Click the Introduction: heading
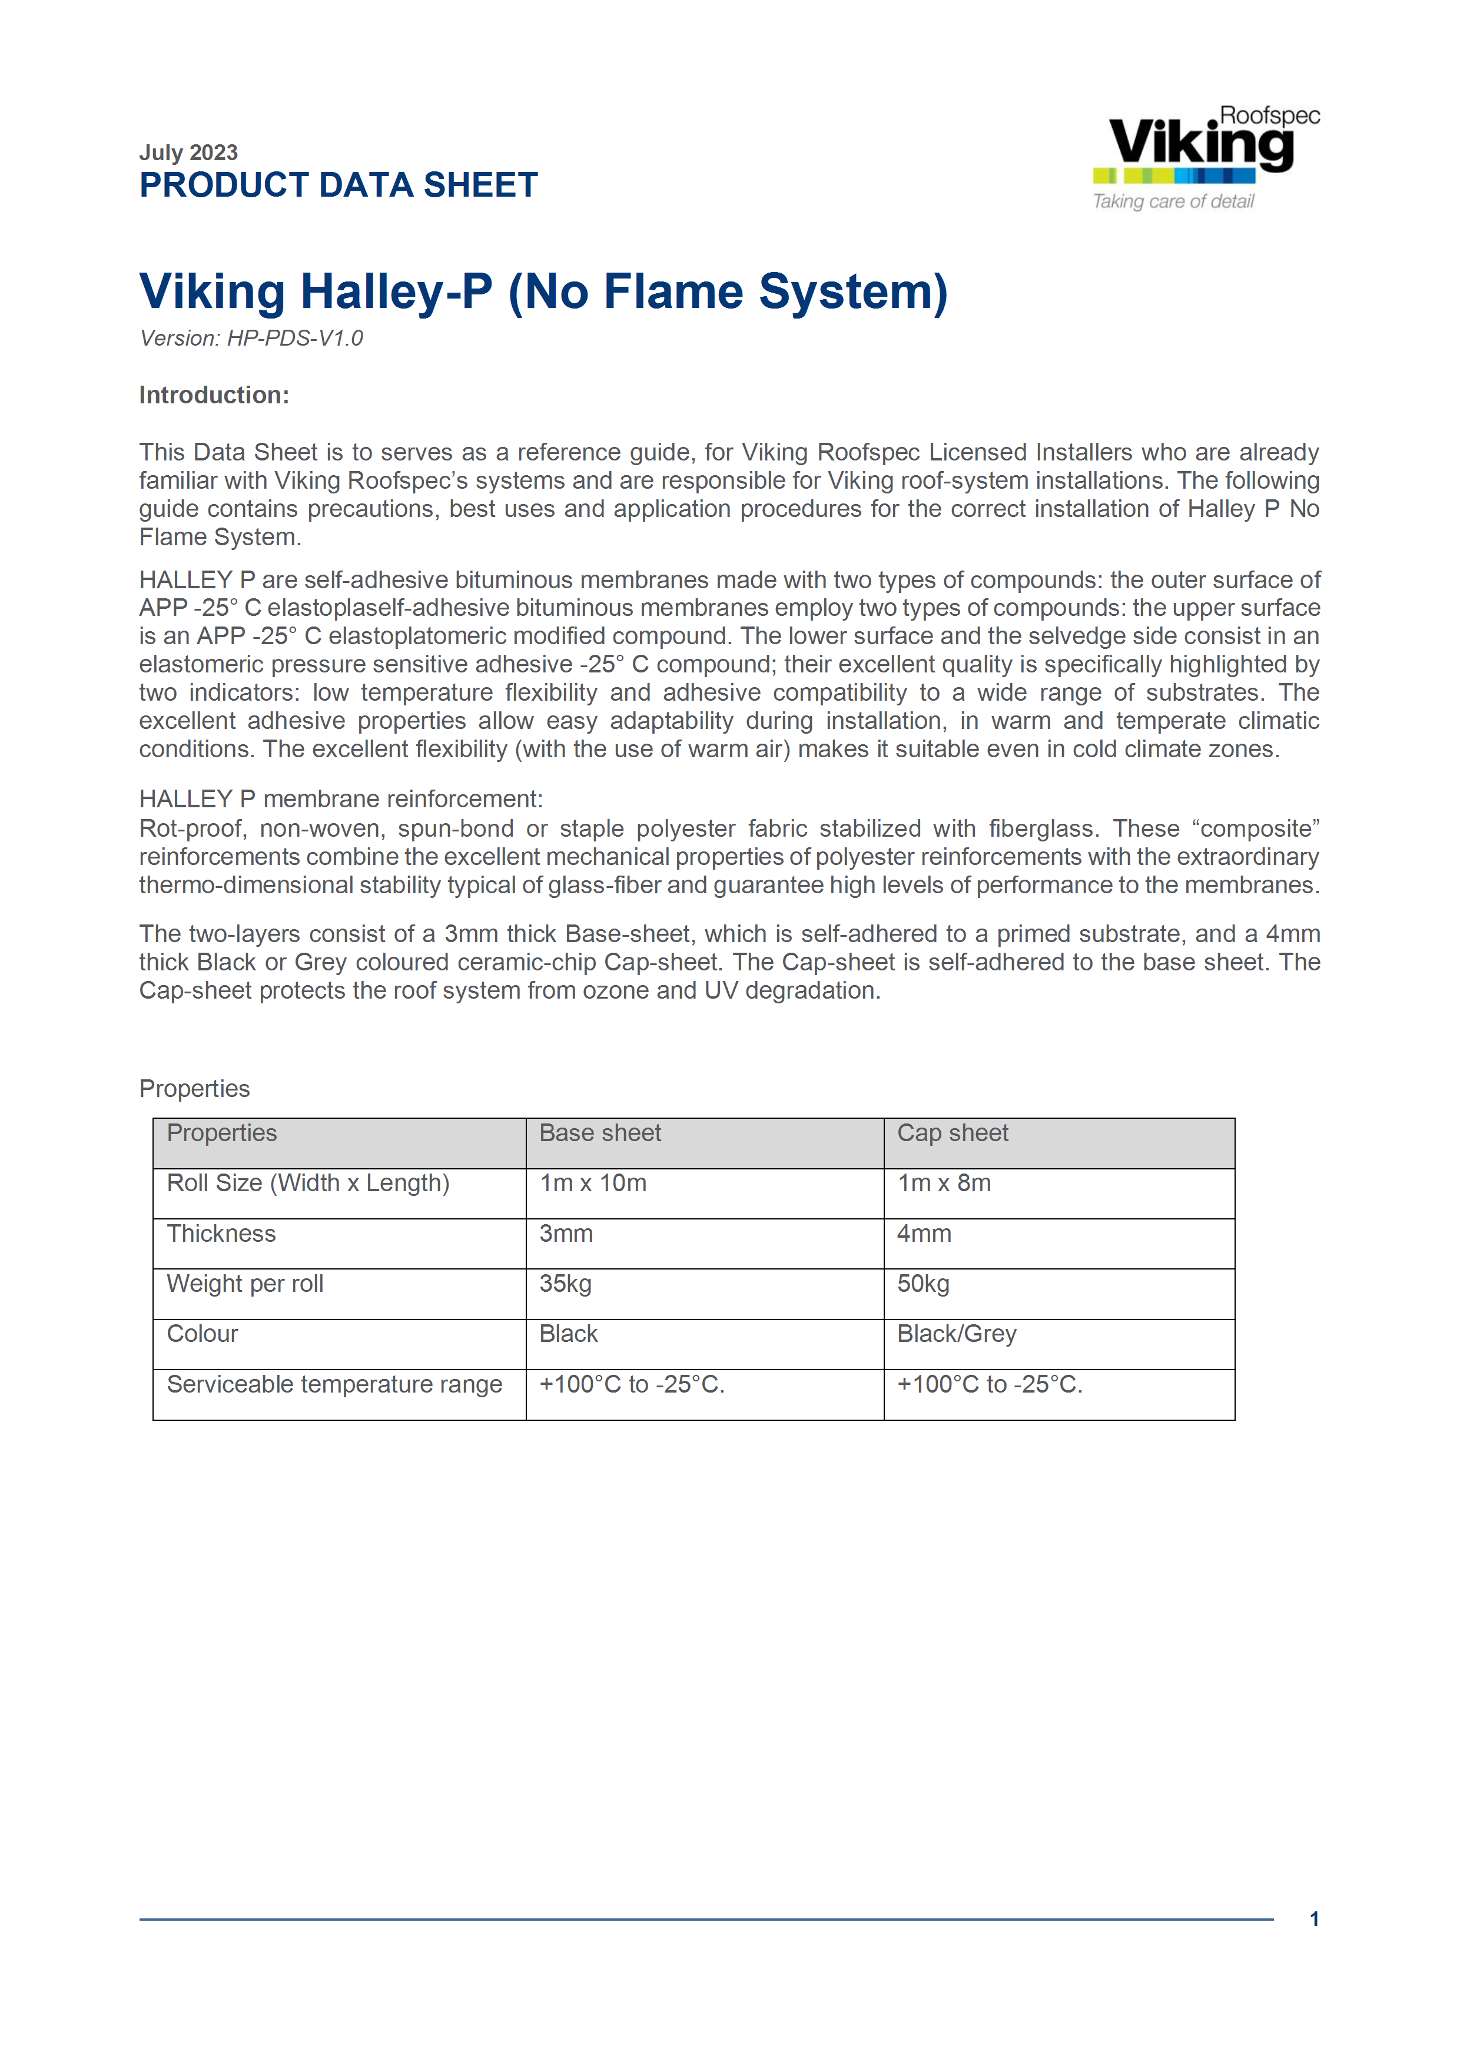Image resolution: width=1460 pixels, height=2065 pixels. pyautogui.click(x=214, y=395)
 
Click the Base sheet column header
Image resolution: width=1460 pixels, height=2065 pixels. pyautogui.click(x=600, y=1133)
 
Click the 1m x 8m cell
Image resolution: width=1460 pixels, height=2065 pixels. pyautogui.click(x=943, y=1184)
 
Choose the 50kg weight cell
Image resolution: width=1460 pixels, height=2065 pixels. pyautogui.click(x=923, y=1284)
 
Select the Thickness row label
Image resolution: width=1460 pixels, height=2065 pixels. pyautogui.click(x=221, y=1234)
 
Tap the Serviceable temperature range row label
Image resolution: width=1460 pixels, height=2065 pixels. pyautogui.click(x=334, y=1385)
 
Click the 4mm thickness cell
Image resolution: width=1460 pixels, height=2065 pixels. pyautogui.click(x=923, y=1234)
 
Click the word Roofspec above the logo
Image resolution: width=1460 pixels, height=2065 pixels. pyautogui.click(x=1269, y=115)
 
